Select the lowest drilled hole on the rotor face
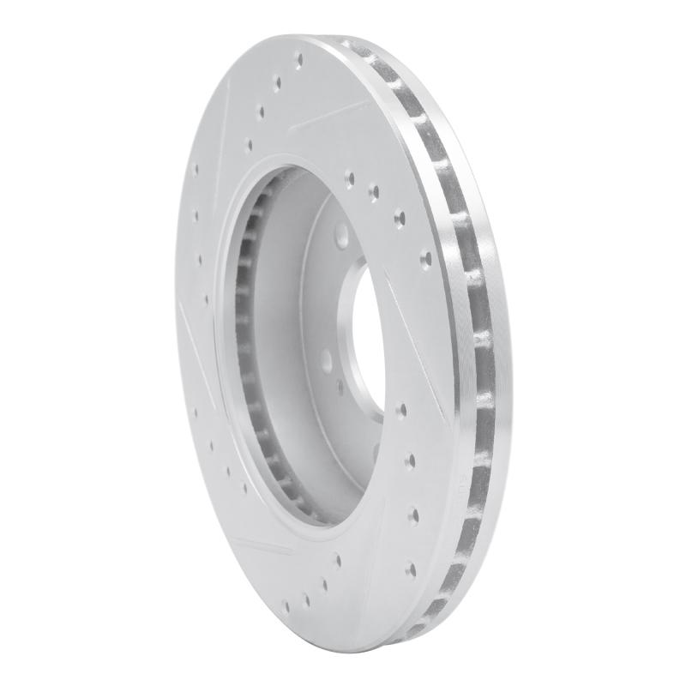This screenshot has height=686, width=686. (x=307, y=600)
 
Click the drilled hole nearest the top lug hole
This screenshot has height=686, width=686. (x=350, y=179)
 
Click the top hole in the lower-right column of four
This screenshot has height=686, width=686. (x=401, y=409)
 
